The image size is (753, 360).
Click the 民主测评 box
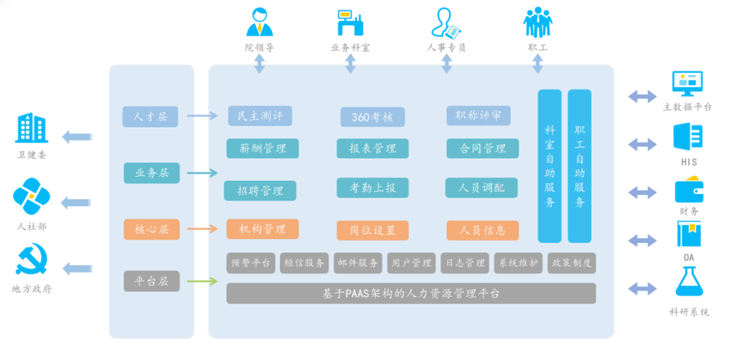(x=260, y=116)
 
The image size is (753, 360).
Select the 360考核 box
(x=373, y=117)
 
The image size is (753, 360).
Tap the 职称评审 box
(x=479, y=116)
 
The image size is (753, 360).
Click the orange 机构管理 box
(x=263, y=230)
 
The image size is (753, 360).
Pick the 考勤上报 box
(x=373, y=187)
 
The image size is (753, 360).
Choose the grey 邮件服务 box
(x=357, y=263)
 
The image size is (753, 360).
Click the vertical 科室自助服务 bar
(x=549, y=166)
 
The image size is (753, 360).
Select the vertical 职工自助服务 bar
(x=579, y=166)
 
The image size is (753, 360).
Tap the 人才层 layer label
(x=151, y=116)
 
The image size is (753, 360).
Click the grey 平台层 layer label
(x=151, y=281)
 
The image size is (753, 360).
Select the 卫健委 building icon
(x=31, y=128)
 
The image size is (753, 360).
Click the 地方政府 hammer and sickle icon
(x=31, y=262)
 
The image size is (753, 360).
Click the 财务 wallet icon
(x=689, y=191)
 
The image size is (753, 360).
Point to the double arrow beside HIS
(x=642, y=144)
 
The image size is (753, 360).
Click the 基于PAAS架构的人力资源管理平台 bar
(x=411, y=293)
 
